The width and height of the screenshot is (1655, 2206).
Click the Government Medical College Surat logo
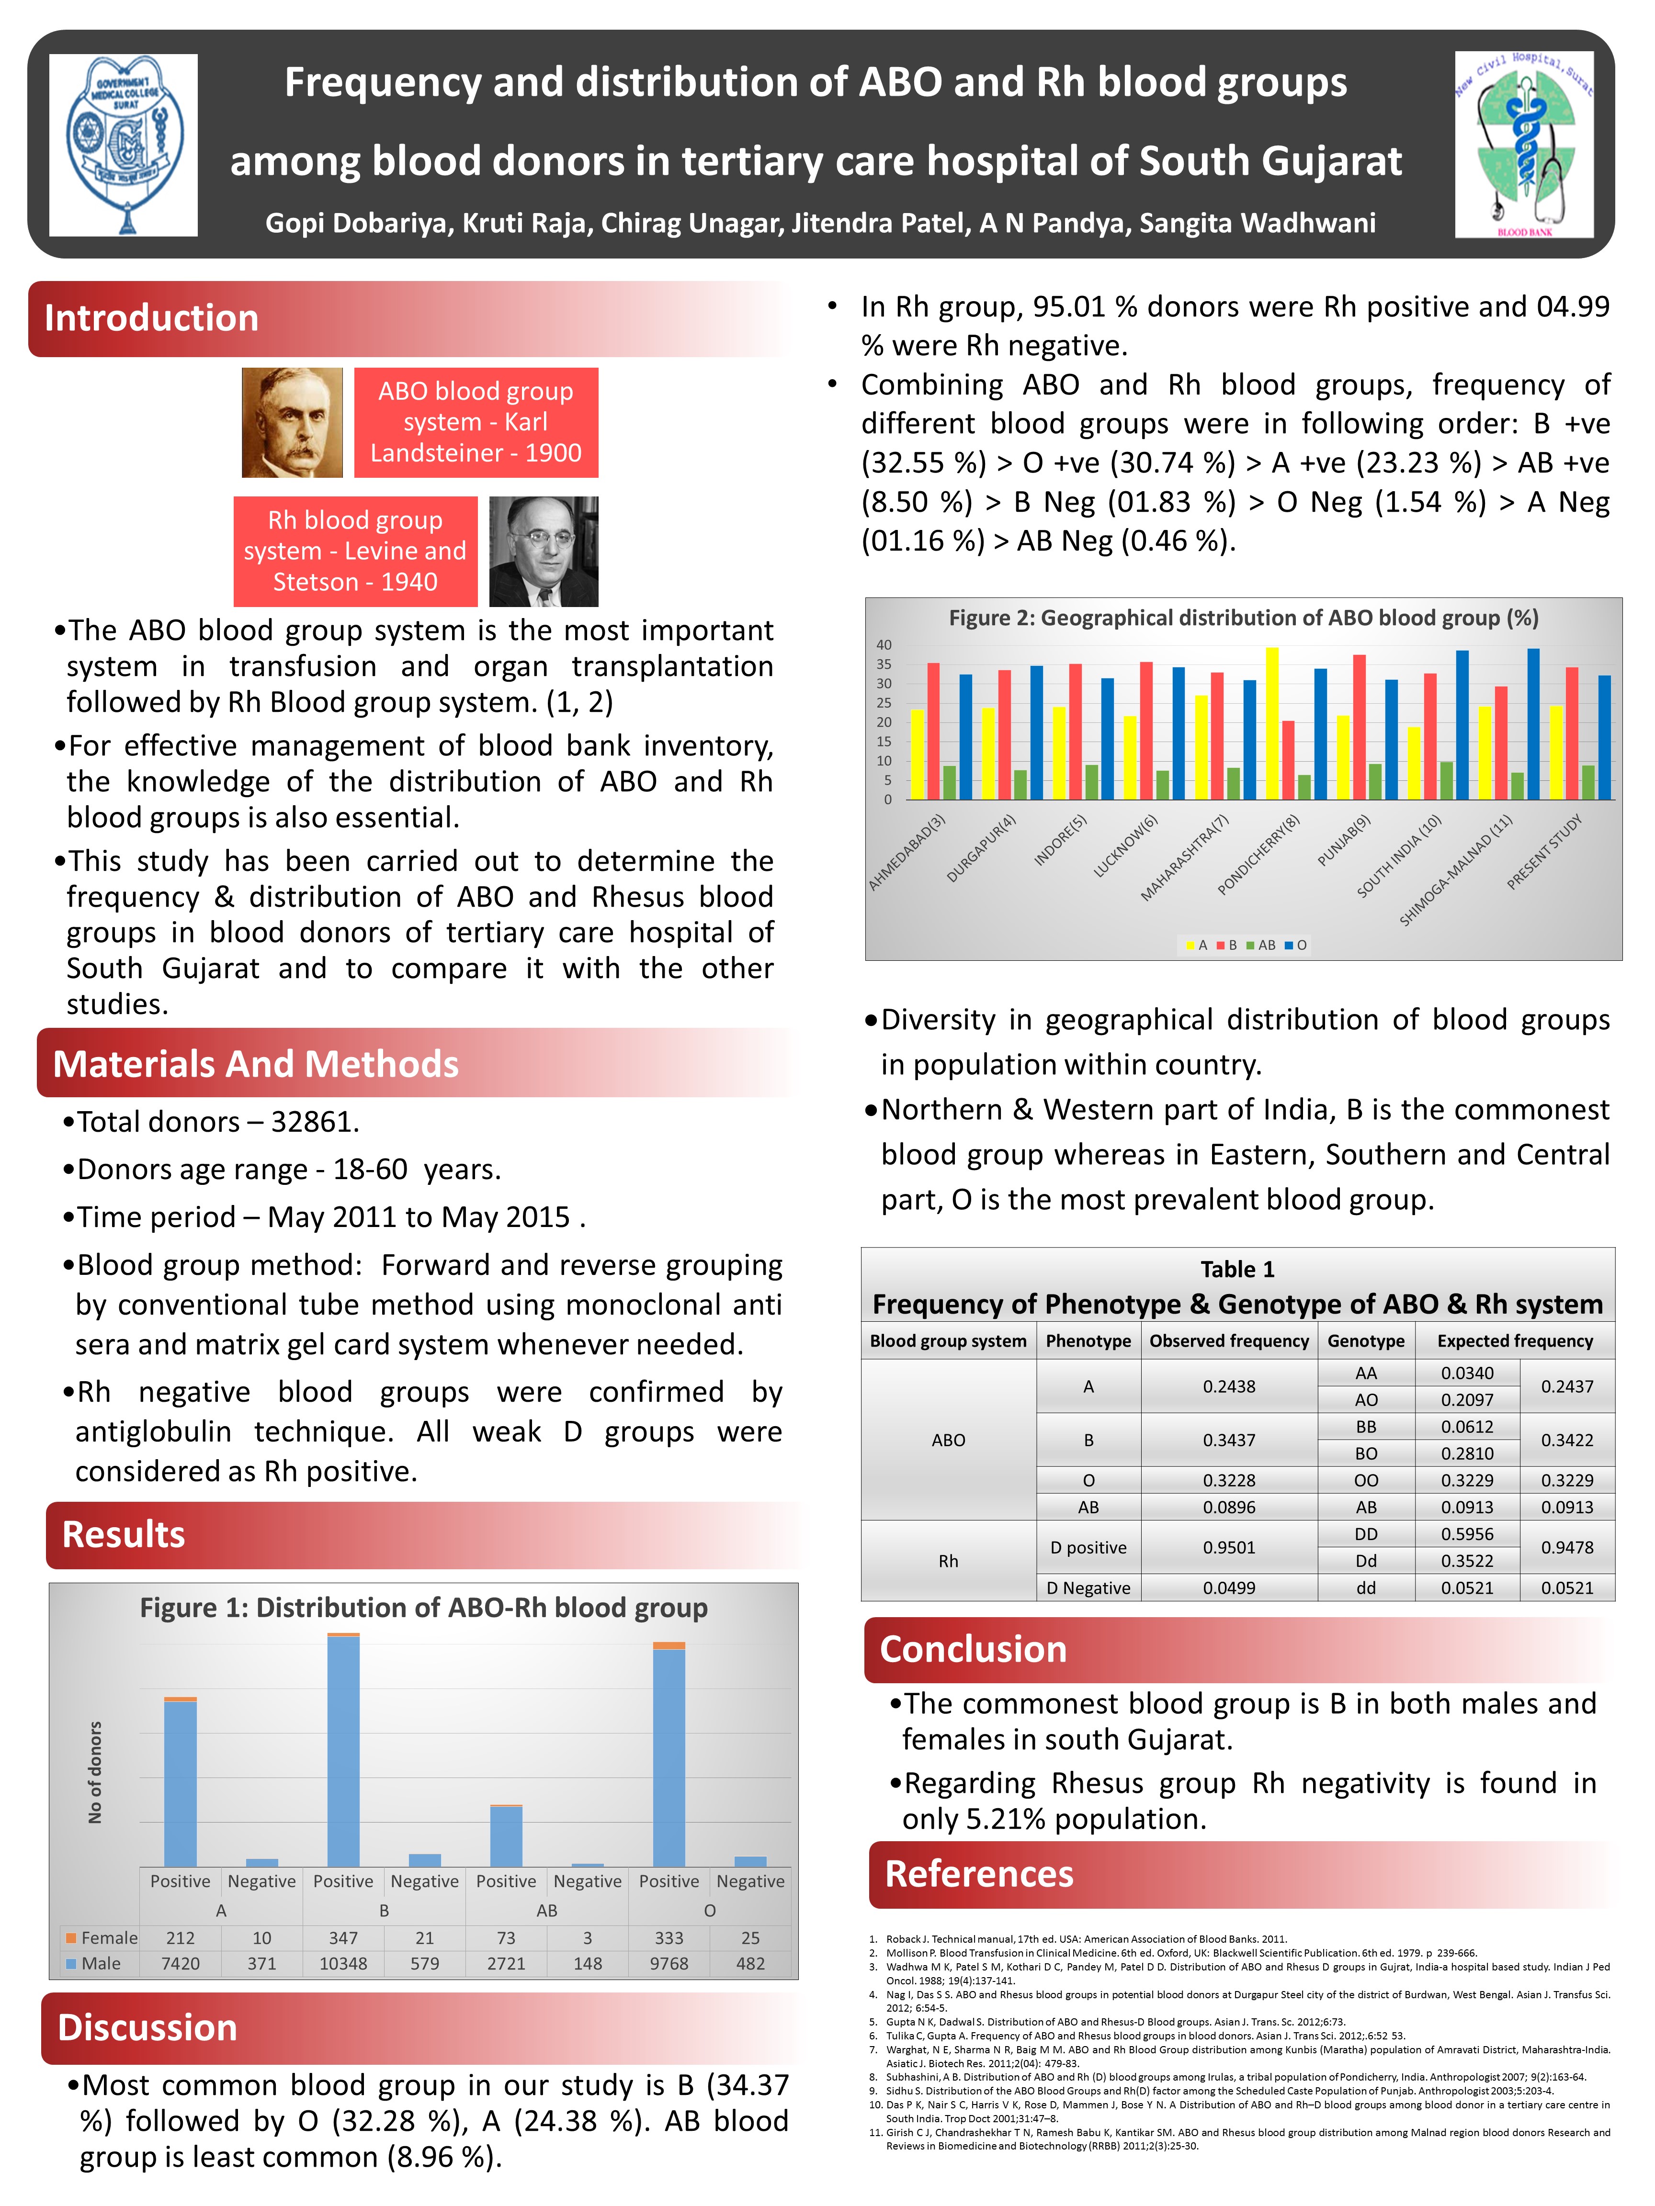124,145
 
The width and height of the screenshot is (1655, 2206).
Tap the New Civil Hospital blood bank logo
1523,145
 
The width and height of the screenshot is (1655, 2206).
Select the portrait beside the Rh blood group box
544,551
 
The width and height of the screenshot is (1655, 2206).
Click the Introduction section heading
152,318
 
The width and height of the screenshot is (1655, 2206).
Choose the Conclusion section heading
973,1650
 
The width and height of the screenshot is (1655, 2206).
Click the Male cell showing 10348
343,1964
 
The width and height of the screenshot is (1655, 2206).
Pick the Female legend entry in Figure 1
102,1938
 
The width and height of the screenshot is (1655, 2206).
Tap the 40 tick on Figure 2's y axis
884,645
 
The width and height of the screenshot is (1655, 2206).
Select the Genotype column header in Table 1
1366,1341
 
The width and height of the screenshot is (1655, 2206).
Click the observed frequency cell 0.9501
1229,1548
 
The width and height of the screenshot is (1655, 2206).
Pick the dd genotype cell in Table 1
1366,1587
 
